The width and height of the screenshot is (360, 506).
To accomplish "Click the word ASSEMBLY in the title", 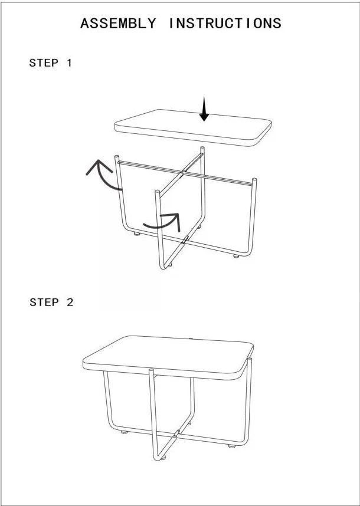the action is (118, 24).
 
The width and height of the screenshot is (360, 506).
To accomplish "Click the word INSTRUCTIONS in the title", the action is (225, 24).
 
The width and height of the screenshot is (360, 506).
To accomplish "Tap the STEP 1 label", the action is (51, 63).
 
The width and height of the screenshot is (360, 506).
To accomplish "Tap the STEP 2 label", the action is (51, 303).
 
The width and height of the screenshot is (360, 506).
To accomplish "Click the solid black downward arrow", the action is (204, 109).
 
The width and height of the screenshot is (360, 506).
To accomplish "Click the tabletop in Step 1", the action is (193, 127).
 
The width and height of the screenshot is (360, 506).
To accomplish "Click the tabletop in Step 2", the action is (168, 357).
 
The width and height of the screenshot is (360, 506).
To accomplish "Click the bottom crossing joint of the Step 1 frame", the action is (185, 240).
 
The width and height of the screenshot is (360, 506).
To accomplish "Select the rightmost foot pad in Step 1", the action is (236, 256).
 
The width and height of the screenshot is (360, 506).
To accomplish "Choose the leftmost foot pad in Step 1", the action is (137, 234).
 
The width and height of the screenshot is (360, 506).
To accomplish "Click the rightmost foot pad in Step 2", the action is (232, 446).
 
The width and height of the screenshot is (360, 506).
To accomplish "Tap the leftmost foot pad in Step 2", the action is (124, 432).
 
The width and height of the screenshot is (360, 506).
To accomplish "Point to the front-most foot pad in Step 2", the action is (163, 457).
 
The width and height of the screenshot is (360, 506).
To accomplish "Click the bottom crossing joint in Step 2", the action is (176, 433).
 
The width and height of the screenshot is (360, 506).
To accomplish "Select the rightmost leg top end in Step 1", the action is (254, 180).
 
